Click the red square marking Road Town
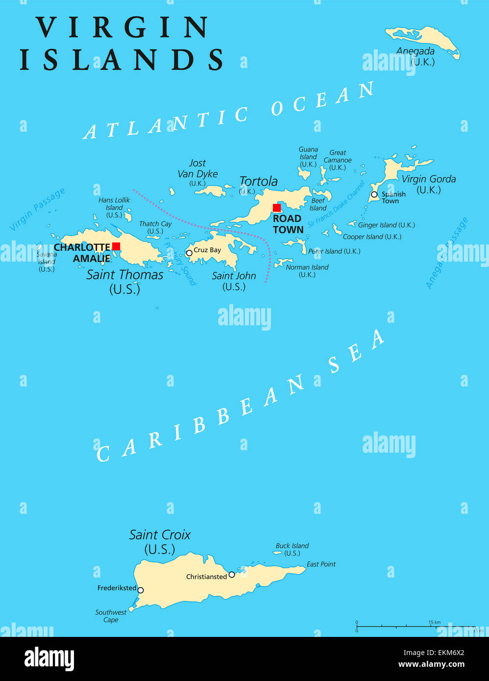pyautogui.click(x=277, y=208)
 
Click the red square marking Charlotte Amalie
pyautogui.click(x=116, y=246)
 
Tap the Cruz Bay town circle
pyautogui.click(x=189, y=253)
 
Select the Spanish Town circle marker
pyautogui.click(x=374, y=195)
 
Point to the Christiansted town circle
pyautogui.click(x=232, y=575)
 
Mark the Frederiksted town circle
pyautogui.click(x=141, y=590)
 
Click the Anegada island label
pyautogui.click(x=416, y=51)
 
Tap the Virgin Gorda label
pyautogui.click(x=429, y=179)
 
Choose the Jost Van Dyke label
pyautogui.click(x=197, y=169)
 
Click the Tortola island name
pyautogui.click(x=258, y=181)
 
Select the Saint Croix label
pyautogui.click(x=160, y=535)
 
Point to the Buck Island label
pyautogui.click(x=292, y=546)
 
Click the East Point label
pyautogui.click(x=321, y=564)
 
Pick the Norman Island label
pyautogui.click(x=307, y=268)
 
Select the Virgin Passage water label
pyautogui.click(x=37, y=209)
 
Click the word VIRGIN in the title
pyautogui.click(x=122, y=27)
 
